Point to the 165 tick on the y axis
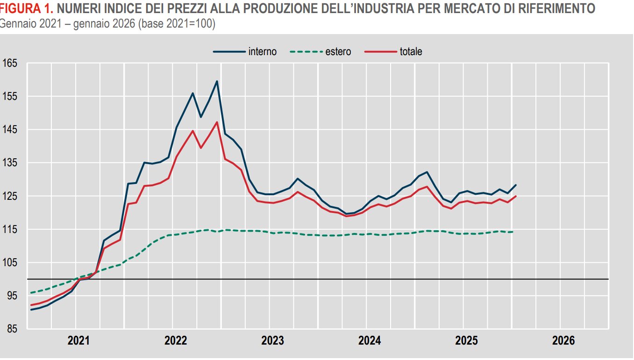(10, 63)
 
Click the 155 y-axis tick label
(10, 96)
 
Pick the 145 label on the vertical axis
(10, 129)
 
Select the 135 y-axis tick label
(10, 163)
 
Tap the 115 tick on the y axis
(10, 229)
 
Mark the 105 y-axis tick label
(10, 263)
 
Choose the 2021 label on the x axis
(78, 341)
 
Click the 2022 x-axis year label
(176, 341)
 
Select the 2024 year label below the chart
(370, 341)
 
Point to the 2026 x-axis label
(563, 341)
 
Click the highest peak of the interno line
(217, 81)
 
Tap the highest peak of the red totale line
(217, 122)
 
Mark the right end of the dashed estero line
(513, 232)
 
